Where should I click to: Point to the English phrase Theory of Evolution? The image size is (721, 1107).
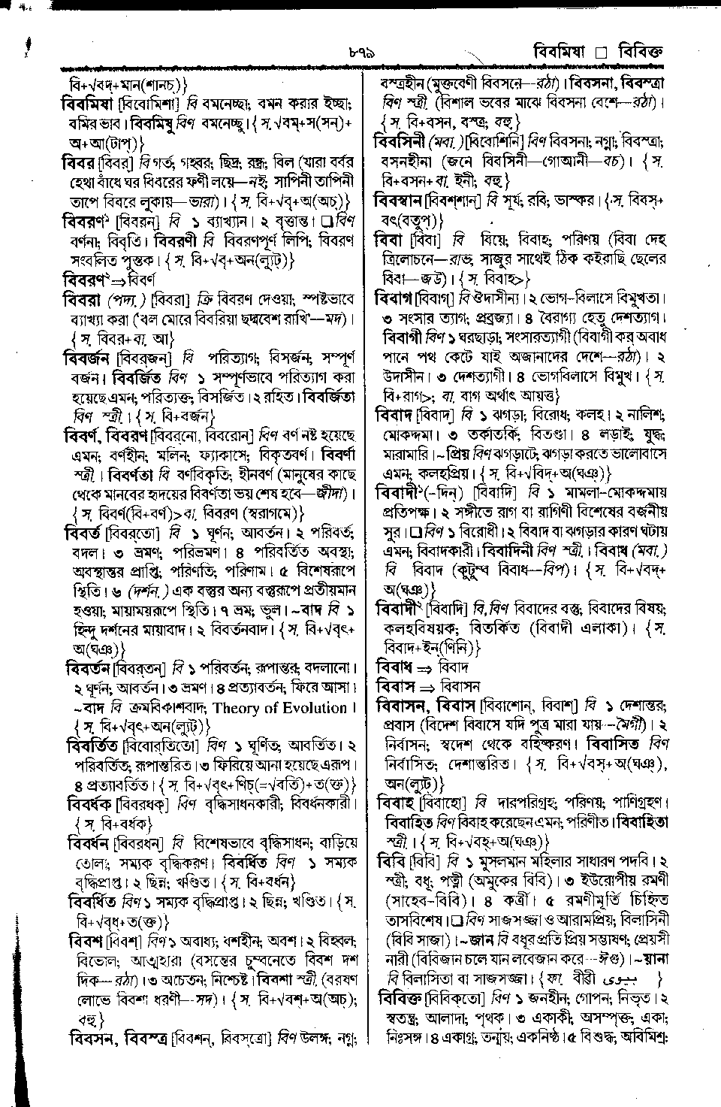coord(279,708)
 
